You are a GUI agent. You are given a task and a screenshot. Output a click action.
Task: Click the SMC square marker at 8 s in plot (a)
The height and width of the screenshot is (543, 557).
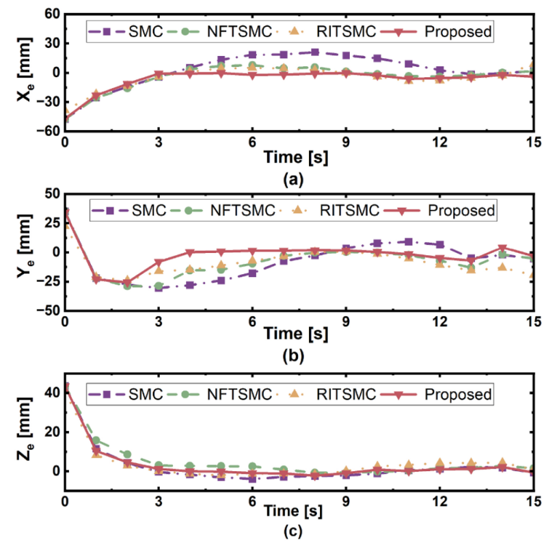314,52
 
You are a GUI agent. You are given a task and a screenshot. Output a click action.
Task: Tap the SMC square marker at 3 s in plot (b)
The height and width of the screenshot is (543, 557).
159,288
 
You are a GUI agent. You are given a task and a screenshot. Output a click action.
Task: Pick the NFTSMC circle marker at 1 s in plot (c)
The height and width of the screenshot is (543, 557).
96,440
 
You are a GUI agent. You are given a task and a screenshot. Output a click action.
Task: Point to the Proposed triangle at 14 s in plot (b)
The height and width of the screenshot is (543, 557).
502,248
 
